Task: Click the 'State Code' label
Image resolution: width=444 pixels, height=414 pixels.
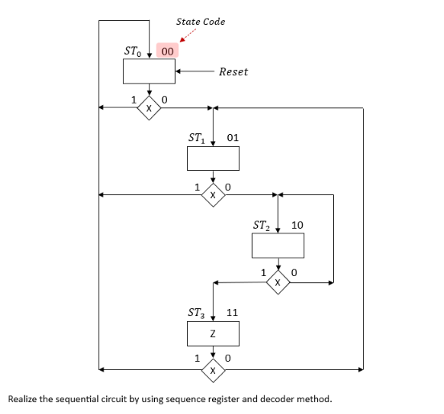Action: coord(201,22)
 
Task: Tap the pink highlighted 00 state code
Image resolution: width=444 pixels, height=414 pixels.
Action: coord(168,51)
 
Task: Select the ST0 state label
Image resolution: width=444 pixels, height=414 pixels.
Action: coord(135,51)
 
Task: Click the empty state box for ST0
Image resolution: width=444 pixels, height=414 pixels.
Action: coord(149,71)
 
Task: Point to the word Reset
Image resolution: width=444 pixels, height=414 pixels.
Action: coord(233,71)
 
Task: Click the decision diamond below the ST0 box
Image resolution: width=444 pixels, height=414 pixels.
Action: coord(149,107)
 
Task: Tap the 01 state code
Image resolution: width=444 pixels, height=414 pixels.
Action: coord(233,138)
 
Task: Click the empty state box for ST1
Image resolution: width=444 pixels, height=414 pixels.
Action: coord(213,159)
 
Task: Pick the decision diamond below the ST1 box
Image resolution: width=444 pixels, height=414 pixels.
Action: coord(213,194)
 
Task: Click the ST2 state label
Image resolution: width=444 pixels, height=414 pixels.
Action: coord(262,225)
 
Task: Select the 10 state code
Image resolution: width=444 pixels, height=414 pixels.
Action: coord(297,225)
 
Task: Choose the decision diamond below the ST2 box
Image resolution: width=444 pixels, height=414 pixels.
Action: coord(278,282)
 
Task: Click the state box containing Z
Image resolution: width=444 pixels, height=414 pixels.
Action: coord(213,333)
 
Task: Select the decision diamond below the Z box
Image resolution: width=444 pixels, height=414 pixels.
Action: coord(213,371)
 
